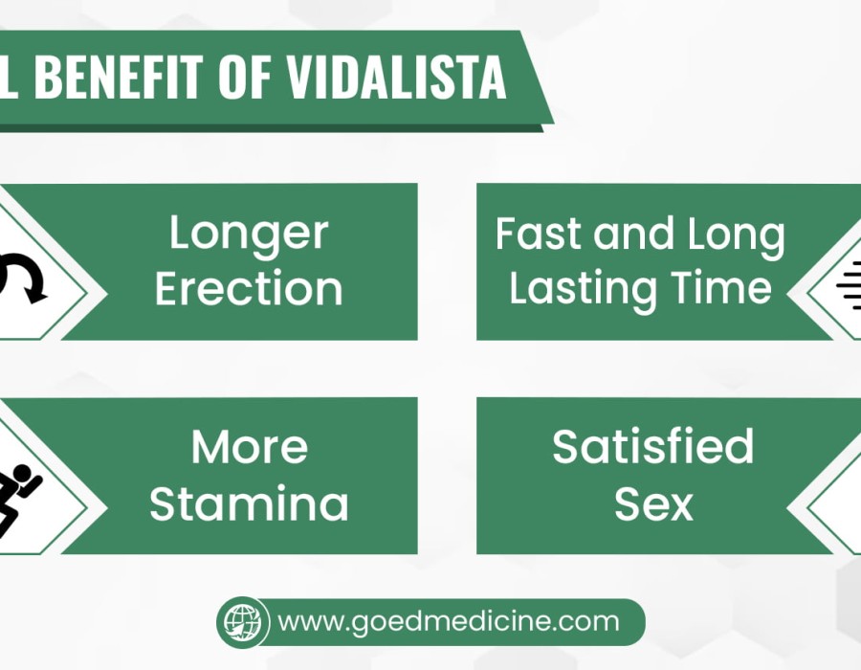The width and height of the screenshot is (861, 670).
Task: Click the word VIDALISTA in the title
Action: point(396,77)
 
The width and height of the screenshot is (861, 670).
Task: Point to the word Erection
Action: point(249,288)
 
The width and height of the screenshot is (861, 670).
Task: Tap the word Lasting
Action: point(583,288)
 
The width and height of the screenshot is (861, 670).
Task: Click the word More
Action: point(250,447)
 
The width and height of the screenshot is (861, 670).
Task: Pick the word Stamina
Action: point(249,502)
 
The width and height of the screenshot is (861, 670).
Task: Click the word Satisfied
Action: point(652,446)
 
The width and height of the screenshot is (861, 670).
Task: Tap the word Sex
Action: point(653,502)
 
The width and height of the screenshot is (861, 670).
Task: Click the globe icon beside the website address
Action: point(243,622)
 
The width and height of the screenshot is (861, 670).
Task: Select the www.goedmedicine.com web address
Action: point(449,622)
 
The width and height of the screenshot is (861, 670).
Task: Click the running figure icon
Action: point(17,501)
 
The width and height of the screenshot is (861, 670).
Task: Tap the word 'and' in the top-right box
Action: point(633,234)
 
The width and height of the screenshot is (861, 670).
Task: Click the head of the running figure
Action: point(23,473)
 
